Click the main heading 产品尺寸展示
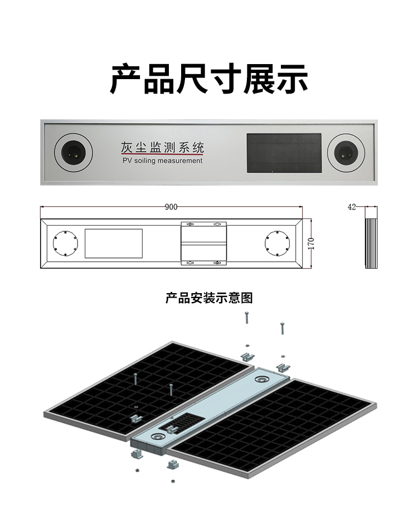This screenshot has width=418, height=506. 208,79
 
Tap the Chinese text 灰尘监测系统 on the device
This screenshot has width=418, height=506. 162,148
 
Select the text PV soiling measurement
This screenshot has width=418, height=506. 162,160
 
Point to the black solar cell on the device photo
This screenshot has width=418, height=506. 284,152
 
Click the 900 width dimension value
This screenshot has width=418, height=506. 171,207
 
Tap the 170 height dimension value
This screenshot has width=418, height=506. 312,243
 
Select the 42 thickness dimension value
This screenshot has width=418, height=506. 352,207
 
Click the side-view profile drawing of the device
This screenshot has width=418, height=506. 371,244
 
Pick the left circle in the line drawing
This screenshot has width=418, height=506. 64,244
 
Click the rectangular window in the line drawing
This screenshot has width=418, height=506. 114,244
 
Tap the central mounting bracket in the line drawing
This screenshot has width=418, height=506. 204,243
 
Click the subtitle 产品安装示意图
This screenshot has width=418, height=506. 209,298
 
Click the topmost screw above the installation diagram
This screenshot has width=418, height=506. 246,318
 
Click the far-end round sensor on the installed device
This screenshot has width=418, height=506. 261,379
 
